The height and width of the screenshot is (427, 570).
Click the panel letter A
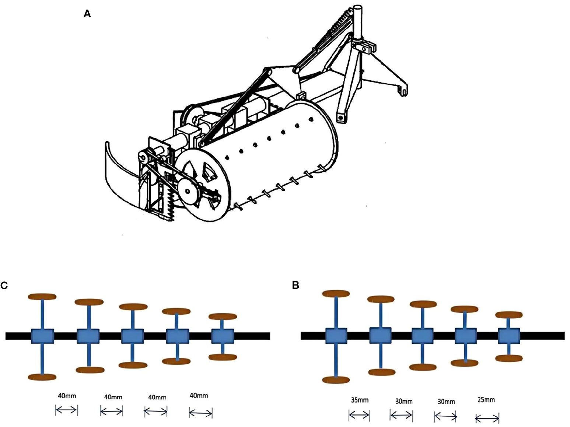(87, 14)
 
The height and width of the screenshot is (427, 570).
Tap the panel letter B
(296, 285)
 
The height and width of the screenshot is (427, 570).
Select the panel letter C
(4, 286)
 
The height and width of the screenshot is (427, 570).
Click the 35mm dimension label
(359, 400)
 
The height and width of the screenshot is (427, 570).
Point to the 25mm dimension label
(486, 400)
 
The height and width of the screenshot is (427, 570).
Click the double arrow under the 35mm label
(359, 416)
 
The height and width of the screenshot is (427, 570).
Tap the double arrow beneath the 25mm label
(487, 419)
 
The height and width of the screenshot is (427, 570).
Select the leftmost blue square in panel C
(42, 336)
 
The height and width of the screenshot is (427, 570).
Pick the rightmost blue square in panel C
(223, 336)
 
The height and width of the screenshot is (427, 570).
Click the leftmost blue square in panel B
(336, 336)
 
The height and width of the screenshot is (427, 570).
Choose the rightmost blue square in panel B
(509, 336)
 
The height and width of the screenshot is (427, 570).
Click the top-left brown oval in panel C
(42, 297)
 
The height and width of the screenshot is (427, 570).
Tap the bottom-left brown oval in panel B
(336, 380)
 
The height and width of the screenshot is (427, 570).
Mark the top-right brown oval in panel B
(509, 315)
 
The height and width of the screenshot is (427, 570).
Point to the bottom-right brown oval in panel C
(223, 357)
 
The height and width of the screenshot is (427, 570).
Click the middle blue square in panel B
(423, 336)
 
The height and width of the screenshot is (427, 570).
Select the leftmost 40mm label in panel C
(67, 396)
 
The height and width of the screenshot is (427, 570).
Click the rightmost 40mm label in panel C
(199, 396)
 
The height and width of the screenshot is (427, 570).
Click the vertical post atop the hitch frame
(358, 22)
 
